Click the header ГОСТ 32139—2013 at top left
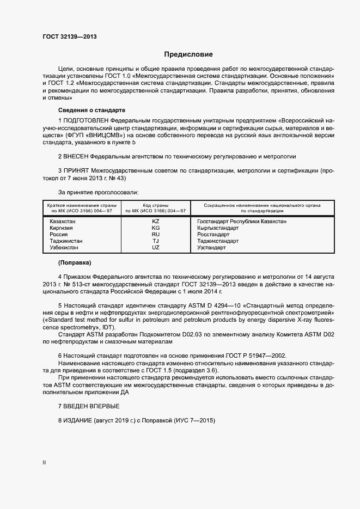pos(70,37)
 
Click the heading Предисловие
pos(188,54)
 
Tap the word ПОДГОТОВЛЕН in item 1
pos(86,119)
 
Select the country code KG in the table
pos(156,228)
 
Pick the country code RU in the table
pos(156,235)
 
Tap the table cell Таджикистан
pos(66,241)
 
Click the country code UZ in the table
pos(156,248)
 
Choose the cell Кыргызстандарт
pos(218,228)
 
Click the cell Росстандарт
pos(214,235)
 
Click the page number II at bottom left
pos(44,463)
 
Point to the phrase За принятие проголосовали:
pos(98,192)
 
